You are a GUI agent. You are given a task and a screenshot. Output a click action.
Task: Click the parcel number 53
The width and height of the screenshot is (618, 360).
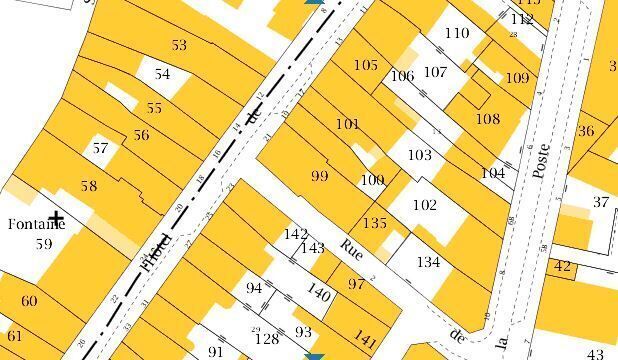click(179, 45)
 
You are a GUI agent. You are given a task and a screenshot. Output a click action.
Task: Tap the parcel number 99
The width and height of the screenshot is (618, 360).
click(319, 176)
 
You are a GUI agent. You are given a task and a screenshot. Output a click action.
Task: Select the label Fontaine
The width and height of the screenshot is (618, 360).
click(36, 224)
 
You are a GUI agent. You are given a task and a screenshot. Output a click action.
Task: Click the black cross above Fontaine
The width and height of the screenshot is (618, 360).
click(56, 217)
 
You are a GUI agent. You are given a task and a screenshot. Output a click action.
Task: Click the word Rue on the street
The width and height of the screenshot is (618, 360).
click(351, 247)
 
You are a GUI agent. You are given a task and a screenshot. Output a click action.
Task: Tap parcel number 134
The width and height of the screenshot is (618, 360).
click(428, 262)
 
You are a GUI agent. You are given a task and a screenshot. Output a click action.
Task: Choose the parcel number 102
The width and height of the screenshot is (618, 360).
click(425, 205)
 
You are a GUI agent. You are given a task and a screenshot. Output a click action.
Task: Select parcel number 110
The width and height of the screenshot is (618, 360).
click(456, 33)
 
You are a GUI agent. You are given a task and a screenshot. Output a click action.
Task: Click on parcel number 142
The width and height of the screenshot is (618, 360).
click(295, 234)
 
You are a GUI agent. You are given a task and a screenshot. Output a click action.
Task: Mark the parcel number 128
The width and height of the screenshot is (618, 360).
click(266, 339)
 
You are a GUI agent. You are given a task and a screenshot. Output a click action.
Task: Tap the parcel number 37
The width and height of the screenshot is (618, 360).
click(600, 202)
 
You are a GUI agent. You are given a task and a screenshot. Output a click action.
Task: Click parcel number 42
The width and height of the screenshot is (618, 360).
click(562, 266)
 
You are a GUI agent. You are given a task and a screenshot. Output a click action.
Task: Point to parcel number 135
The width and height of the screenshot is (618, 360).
click(375, 222)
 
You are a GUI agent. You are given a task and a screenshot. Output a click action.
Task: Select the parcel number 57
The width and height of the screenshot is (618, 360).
click(99, 148)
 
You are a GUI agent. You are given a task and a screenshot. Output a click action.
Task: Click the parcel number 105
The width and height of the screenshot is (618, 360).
click(366, 65)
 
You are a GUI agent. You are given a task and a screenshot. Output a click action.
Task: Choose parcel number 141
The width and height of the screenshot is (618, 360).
click(366, 342)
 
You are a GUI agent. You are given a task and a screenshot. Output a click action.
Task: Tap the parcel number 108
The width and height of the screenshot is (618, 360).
click(487, 119)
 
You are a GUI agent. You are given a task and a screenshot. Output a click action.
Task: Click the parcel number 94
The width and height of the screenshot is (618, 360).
click(254, 288)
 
